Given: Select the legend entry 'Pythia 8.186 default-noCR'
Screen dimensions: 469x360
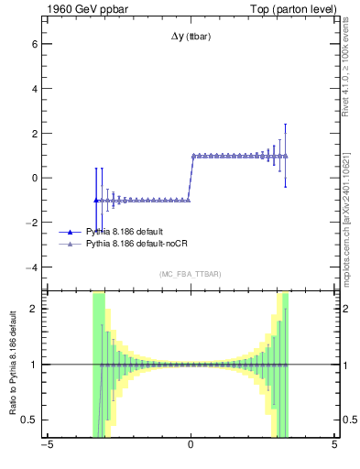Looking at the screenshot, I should point(136,245).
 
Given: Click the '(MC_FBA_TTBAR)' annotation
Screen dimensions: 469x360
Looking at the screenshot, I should point(190,274).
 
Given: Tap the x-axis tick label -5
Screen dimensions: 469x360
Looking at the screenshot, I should point(46,446).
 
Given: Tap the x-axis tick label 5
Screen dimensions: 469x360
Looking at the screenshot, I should point(334,446).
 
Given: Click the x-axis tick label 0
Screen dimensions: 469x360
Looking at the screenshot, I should point(190,446).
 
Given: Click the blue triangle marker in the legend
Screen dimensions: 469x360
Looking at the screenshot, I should point(71,232).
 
